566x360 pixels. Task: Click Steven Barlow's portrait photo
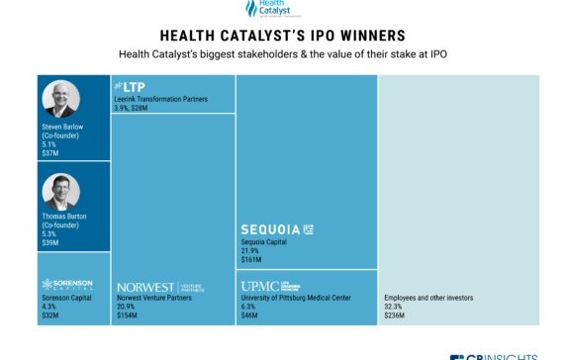tap(61, 99)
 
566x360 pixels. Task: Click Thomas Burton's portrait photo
tap(61, 191)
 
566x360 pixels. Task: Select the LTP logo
tap(131, 87)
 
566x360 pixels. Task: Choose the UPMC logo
tap(274, 286)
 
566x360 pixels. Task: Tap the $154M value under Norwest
tap(127, 315)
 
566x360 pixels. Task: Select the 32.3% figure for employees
tap(393, 306)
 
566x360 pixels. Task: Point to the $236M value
tap(395, 315)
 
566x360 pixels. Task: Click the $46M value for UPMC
tap(249, 315)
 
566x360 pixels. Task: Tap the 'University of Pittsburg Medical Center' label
tap(296, 297)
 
